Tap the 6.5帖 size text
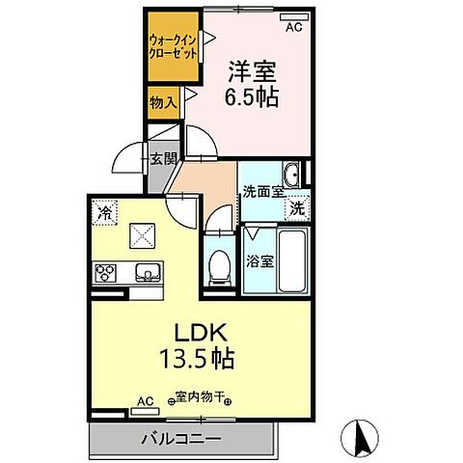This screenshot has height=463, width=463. pyautogui.click(x=254, y=98)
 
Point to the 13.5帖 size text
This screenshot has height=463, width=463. pyautogui.click(x=200, y=359)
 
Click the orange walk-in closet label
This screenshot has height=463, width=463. pyautogui.click(x=173, y=45)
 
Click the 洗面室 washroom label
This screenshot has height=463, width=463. pyautogui.click(x=261, y=191)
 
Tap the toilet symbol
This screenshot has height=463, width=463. pyautogui.click(x=220, y=265)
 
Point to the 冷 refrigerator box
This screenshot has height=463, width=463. pyautogui.click(x=103, y=208)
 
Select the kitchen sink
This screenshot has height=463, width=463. pyautogui.click(x=148, y=273)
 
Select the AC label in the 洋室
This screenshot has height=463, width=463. pyautogui.click(x=293, y=28)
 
